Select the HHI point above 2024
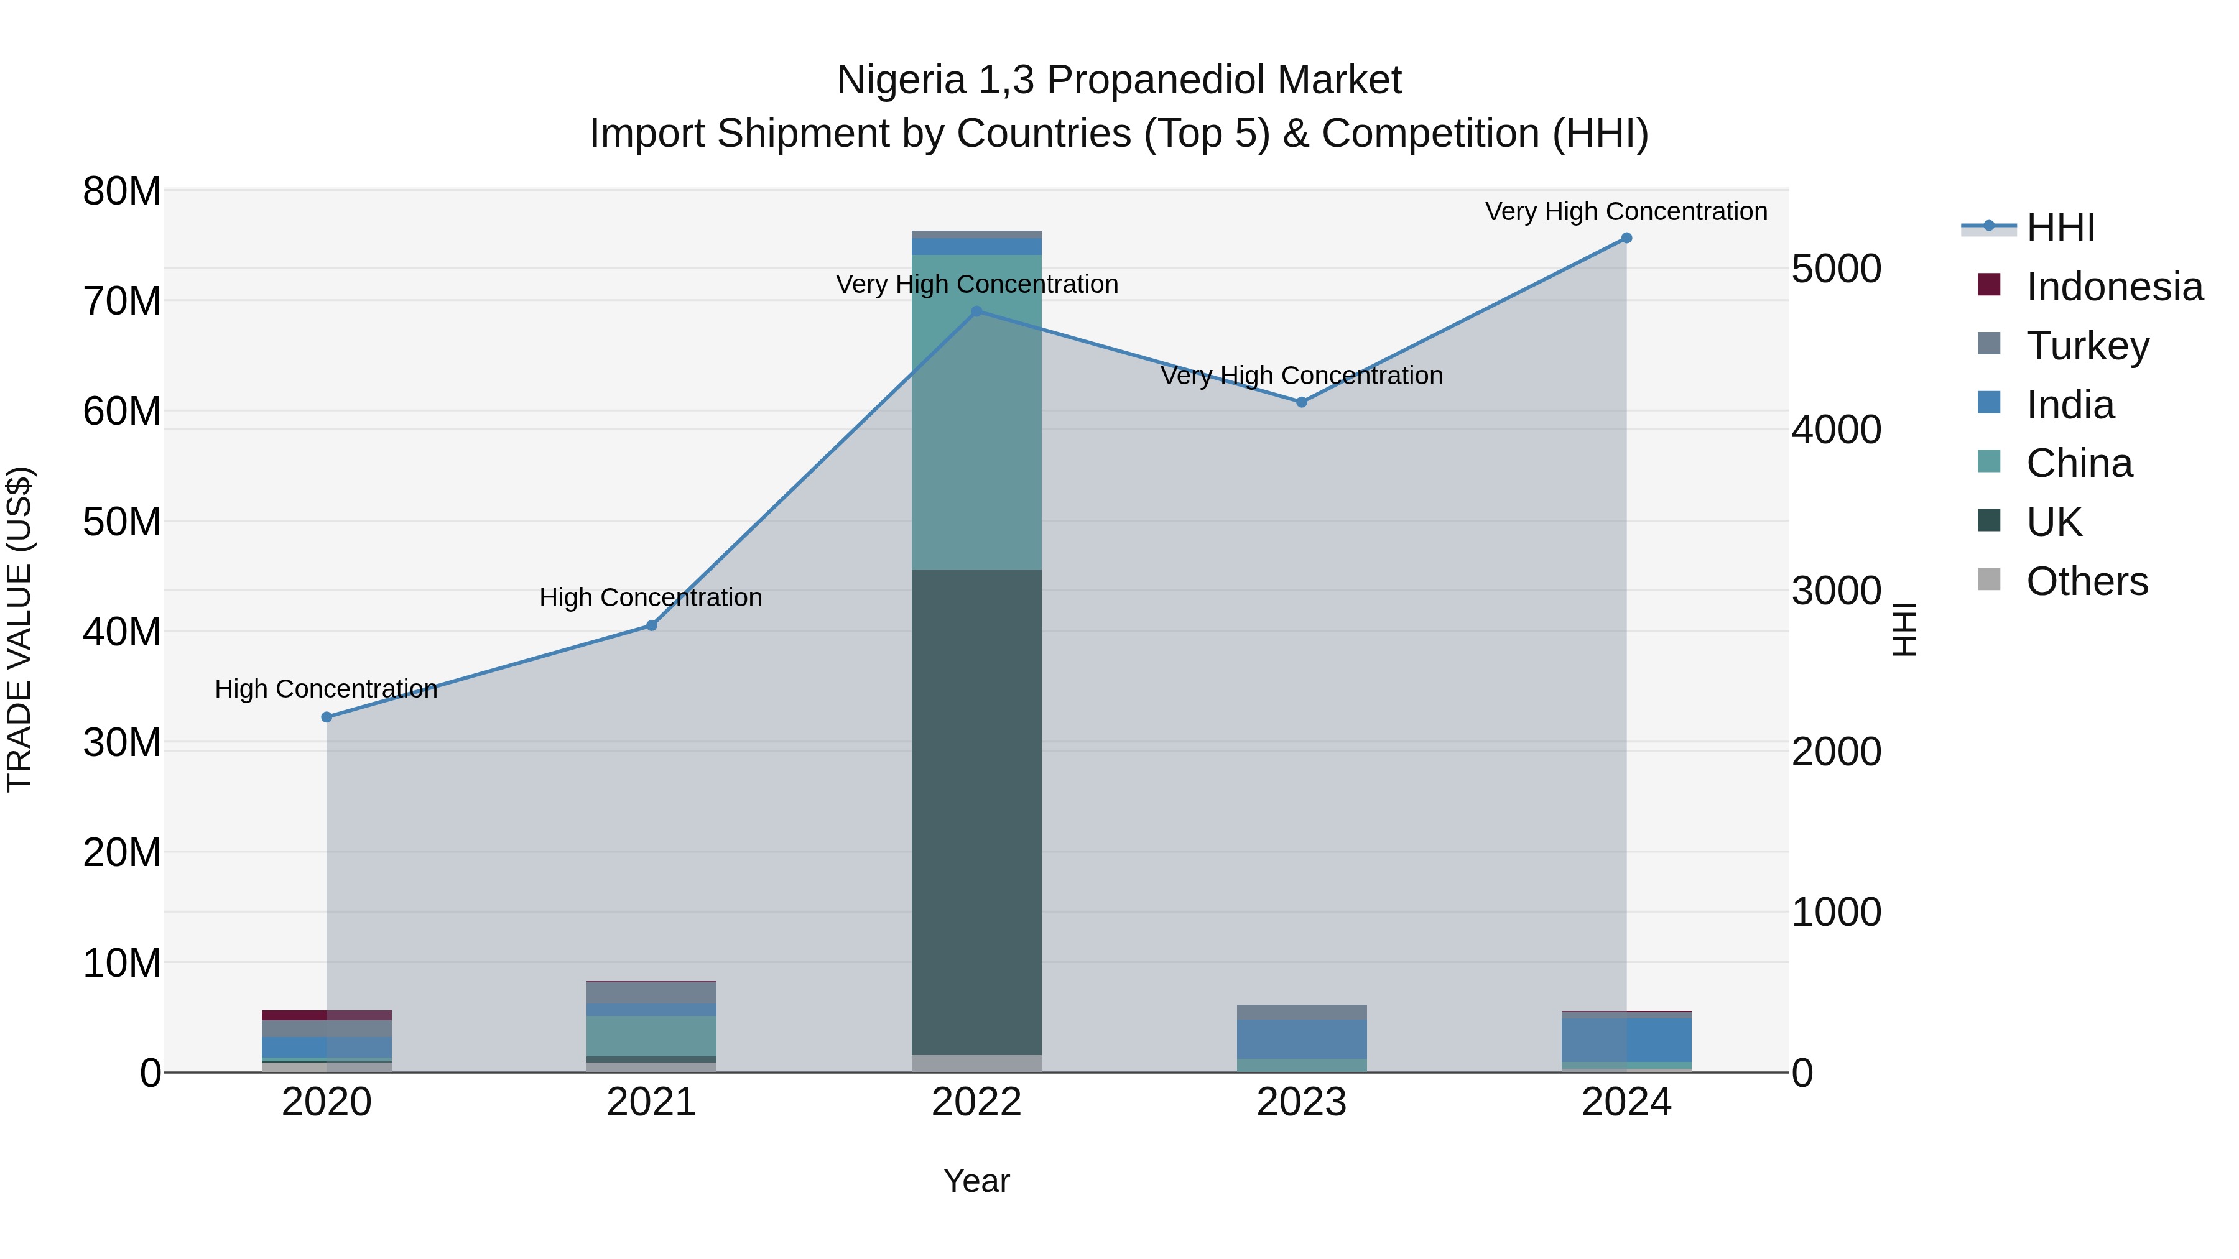point(1626,238)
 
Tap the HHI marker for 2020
point(327,717)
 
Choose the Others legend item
point(2086,581)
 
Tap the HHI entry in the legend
point(2060,228)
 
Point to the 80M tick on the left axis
point(122,191)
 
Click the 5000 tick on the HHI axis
point(1836,269)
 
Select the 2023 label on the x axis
point(1301,1102)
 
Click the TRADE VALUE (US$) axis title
point(19,629)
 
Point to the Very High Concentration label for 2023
point(1301,376)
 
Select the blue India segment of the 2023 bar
point(1301,1038)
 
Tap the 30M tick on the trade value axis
point(122,743)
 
